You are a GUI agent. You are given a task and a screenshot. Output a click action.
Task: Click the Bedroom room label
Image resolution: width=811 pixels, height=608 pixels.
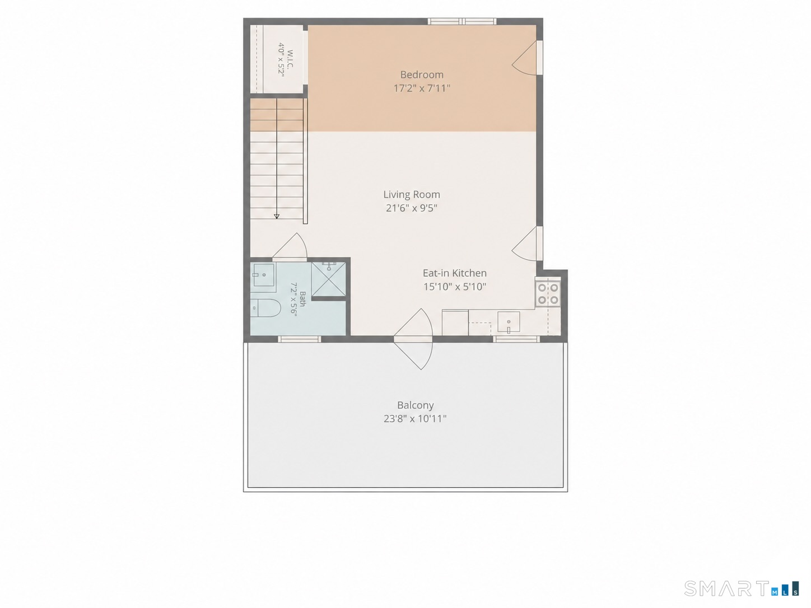422,74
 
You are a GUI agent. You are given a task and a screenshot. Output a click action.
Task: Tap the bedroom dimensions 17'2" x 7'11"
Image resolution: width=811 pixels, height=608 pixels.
422,88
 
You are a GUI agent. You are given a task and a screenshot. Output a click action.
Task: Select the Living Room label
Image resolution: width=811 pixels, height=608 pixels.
412,194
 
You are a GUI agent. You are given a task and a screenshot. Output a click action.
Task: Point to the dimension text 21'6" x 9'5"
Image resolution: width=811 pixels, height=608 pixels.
412,208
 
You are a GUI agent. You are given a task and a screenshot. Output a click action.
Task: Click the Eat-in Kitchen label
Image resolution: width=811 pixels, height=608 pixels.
454,273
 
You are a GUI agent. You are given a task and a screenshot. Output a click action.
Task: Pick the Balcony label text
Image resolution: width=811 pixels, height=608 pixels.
415,405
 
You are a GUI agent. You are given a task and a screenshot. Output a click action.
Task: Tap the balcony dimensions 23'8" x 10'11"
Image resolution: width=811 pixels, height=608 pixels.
415,419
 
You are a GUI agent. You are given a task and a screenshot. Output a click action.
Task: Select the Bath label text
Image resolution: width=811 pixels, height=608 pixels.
302,298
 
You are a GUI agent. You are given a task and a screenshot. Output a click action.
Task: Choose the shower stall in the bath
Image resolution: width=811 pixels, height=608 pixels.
328,279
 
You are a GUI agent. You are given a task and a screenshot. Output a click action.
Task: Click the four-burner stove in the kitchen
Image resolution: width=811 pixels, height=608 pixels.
548,294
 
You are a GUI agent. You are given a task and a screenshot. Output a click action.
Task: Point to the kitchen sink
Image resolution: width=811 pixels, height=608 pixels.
509,322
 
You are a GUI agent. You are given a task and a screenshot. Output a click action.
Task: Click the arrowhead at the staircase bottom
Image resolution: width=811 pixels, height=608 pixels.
277,216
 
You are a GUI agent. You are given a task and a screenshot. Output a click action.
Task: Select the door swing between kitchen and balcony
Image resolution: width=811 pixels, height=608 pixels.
413,339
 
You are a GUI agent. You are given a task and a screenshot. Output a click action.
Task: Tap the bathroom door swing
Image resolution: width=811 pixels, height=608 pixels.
290,246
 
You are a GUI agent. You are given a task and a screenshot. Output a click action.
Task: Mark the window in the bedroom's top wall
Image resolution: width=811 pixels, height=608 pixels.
462,21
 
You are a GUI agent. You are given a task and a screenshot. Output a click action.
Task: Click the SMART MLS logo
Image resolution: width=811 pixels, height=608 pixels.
742,588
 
